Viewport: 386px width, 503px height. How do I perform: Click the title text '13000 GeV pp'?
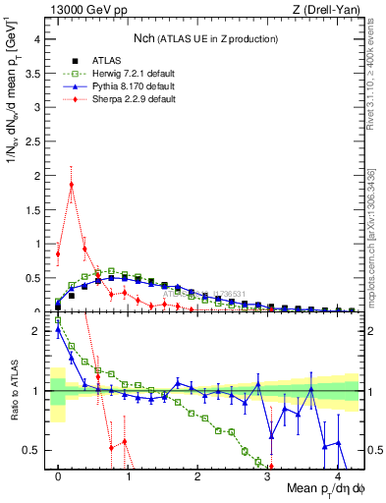click(x=83, y=10)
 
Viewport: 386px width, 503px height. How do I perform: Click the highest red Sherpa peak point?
click(x=72, y=184)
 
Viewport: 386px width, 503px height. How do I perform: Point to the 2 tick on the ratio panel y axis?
click(x=37, y=331)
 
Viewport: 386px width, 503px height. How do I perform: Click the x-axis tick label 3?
click(x=268, y=476)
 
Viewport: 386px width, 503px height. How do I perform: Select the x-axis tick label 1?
click(x=129, y=476)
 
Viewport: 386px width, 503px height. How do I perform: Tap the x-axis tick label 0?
click(x=59, y=476)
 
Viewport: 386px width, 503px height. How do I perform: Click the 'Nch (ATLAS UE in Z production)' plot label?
click(x=205, y=38)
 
